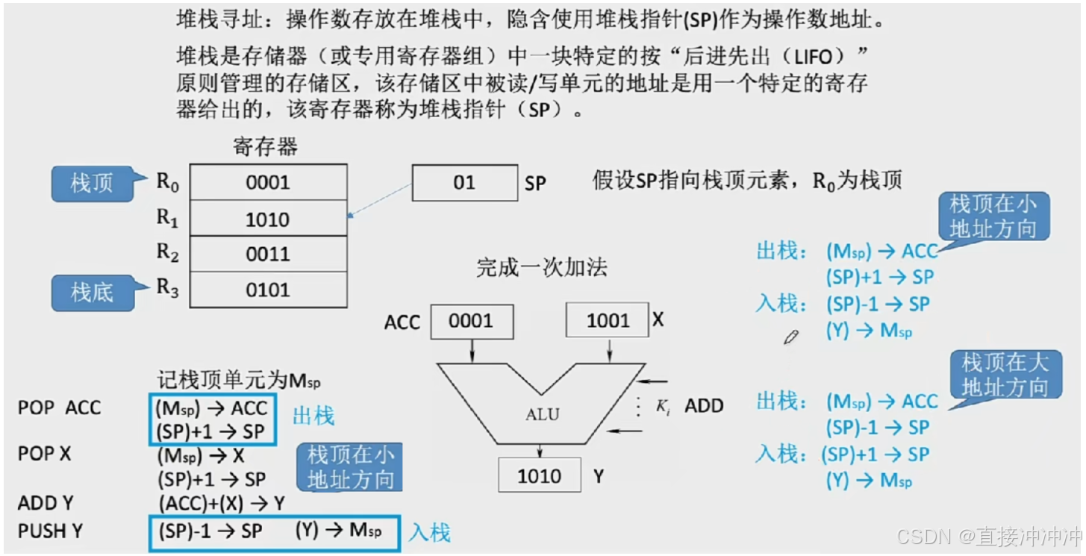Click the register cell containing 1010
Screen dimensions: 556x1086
tap(268, 219)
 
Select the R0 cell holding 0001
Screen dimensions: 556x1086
tap(268, 182)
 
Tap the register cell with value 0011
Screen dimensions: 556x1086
tap(268, 254)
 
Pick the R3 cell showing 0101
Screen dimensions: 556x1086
tap(268, 290)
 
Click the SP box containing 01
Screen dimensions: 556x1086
tap(464, 183)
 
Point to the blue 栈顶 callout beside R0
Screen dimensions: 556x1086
tap(92, 184)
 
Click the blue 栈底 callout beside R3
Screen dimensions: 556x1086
tap(92, 293)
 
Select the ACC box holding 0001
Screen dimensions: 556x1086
tap(471, 321)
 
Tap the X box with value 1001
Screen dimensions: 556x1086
tap(608, 321)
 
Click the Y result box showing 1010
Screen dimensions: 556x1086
tap(539, 476)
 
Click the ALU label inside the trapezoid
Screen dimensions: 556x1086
tap(542, 415)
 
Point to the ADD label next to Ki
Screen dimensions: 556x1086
tap(704, 407)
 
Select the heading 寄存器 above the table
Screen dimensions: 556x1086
tap(265, 147)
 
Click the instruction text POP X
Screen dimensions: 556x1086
tap(44, 454)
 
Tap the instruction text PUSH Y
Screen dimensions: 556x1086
tap(50, 531)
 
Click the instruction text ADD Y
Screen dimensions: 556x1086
tap(46, 503)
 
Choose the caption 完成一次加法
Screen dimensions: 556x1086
tap(541, 268)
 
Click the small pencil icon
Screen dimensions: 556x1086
tap(790, 337)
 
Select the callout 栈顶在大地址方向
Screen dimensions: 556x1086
tap(1005, 375)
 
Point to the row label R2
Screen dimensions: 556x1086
tap(168, 254)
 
